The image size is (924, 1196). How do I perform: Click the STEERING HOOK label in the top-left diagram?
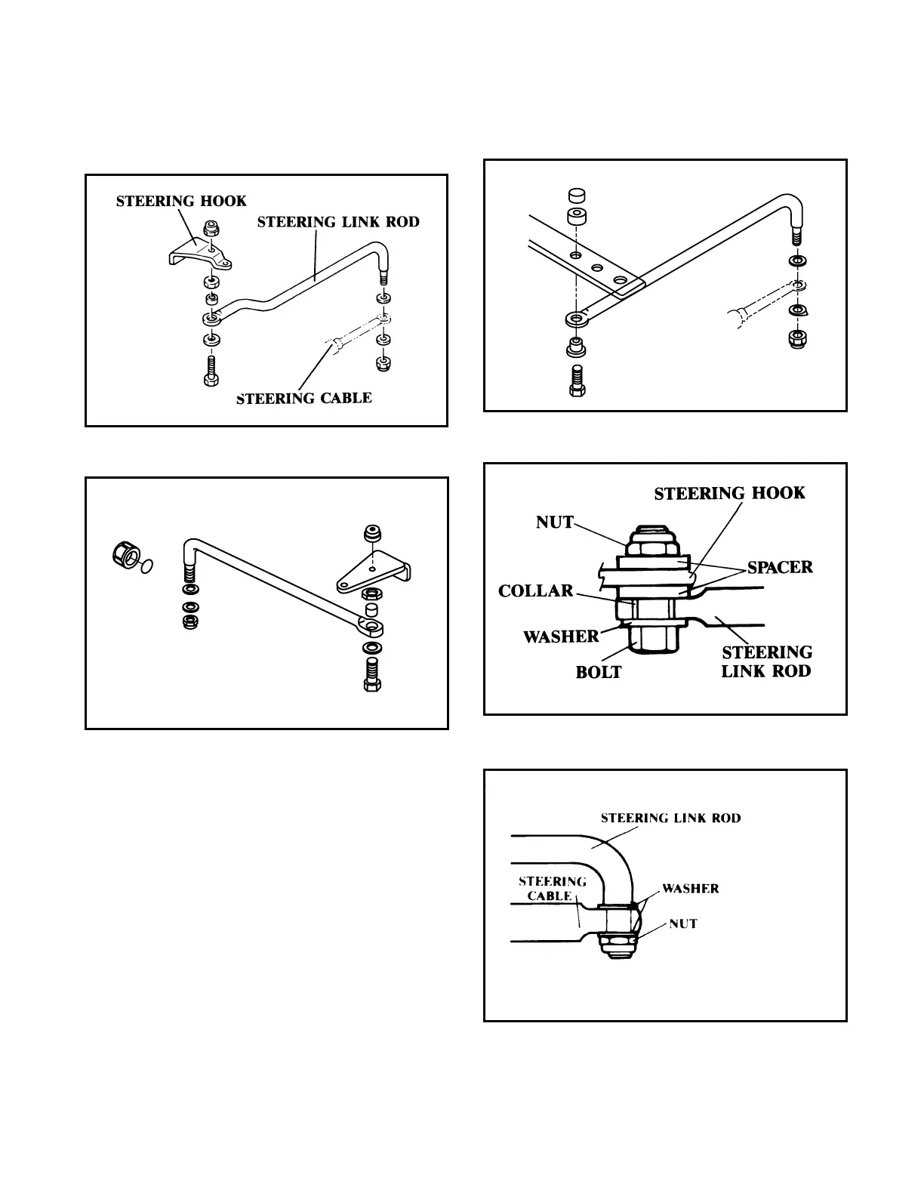coord(181,201)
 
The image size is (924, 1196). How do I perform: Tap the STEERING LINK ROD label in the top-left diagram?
coord(338,222)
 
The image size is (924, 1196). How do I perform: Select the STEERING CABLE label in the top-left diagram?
coord(304,398)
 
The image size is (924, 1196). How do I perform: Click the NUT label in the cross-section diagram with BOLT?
coord(555,522)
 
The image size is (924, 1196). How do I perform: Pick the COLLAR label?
coord(536,590)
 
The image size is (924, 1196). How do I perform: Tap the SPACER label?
coord(780,567)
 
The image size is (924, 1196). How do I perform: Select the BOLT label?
coord(599,672)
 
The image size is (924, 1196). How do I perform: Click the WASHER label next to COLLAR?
coord(561,637)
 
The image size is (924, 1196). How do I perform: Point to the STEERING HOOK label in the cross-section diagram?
coord(729,494)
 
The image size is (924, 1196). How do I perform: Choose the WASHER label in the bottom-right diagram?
coord(690,889)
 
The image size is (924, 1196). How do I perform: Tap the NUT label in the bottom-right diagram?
coord(683,923)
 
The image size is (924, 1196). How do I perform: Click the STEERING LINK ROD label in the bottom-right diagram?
coord(670,818)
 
